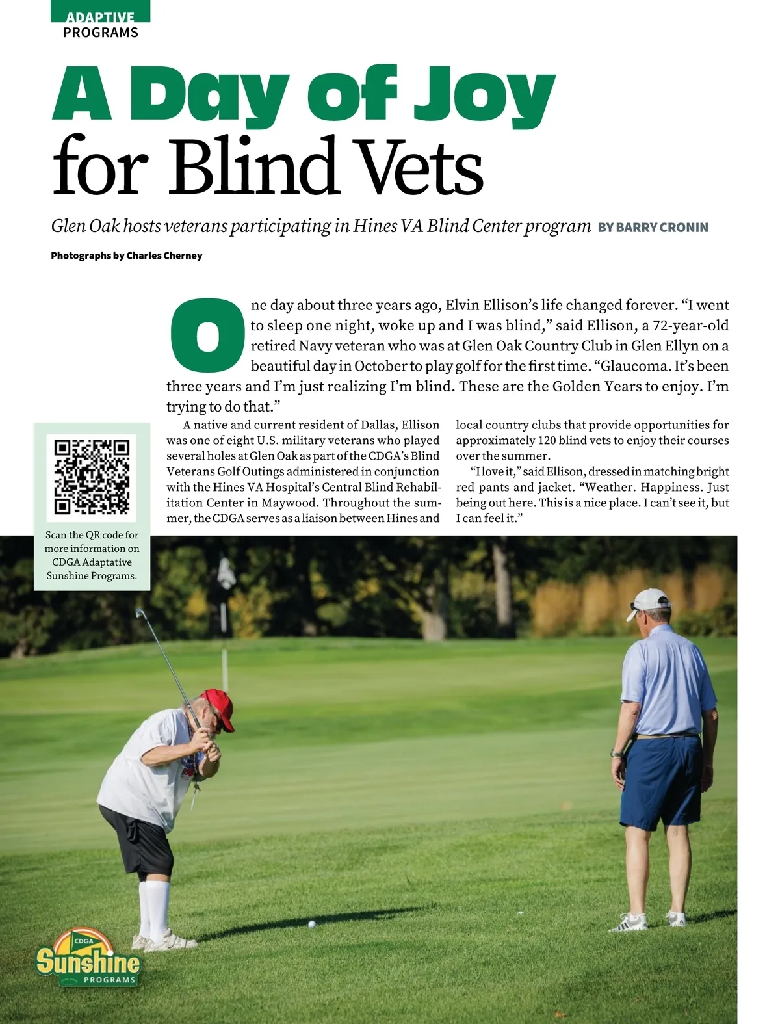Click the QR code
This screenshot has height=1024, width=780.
(x=92, y=477)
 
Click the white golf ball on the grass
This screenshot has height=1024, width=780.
(x=312, y=924)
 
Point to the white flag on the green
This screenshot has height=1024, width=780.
(x=226, y=572)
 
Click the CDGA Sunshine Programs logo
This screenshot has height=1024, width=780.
(x=88, y=958)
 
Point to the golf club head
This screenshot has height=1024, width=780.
(x=140, y=612)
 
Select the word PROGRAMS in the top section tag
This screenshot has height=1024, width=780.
(x=101, y=33)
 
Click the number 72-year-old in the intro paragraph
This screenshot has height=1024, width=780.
(x=690, y=325)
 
